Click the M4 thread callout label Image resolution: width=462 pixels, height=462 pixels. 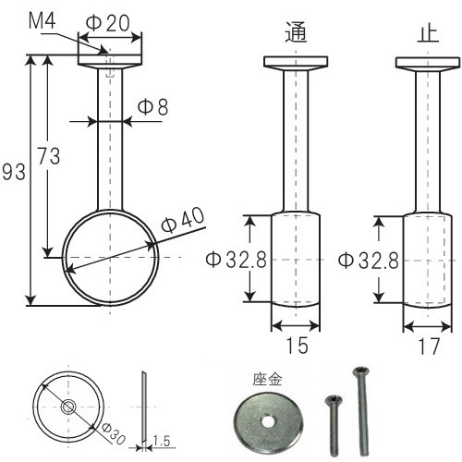point(43,21)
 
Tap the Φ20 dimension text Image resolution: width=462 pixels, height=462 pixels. point(108,23)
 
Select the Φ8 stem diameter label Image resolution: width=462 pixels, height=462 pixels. point(153,107)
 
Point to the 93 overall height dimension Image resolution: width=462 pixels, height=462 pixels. point(14,172)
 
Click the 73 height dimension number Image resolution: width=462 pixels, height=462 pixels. point(49,156)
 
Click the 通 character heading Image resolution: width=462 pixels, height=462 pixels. point(296,32)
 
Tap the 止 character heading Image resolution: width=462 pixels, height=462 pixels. point(428,33)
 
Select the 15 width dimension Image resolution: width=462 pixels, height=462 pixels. point(297,345)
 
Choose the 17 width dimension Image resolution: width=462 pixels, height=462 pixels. point(429,346)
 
